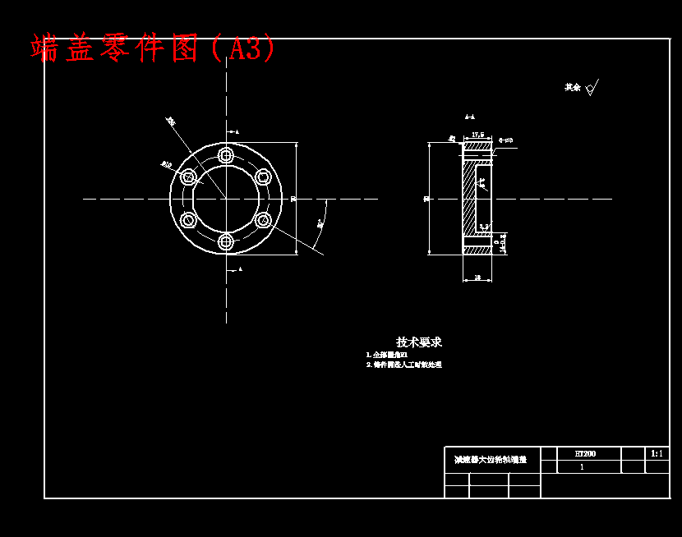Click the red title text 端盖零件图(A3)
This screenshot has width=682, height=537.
(154, 48)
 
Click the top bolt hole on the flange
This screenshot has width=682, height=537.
(226, 155)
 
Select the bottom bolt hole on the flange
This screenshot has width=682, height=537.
(226, 241)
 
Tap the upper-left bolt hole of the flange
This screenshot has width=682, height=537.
(188, 177)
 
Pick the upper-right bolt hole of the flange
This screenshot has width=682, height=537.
(263, 177)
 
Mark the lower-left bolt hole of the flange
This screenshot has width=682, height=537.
(188, 220)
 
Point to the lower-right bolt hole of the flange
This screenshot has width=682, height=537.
(263, 220)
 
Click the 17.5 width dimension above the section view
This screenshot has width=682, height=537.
(477, 134)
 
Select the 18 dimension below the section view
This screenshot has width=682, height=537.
(477, 278)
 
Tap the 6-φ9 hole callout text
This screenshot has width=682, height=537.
(505, 140)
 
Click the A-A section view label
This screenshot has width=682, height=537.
(469, 117)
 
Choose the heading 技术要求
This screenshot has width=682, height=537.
(419, 342)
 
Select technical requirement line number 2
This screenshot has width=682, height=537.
(403, 365)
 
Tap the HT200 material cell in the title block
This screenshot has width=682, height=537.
(585, 453)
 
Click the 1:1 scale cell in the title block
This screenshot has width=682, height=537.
(657, 453)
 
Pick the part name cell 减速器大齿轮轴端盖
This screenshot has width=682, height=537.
(491, 461)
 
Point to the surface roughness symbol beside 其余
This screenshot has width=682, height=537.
(592, 87)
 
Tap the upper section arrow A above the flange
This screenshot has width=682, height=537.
(237, 131)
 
